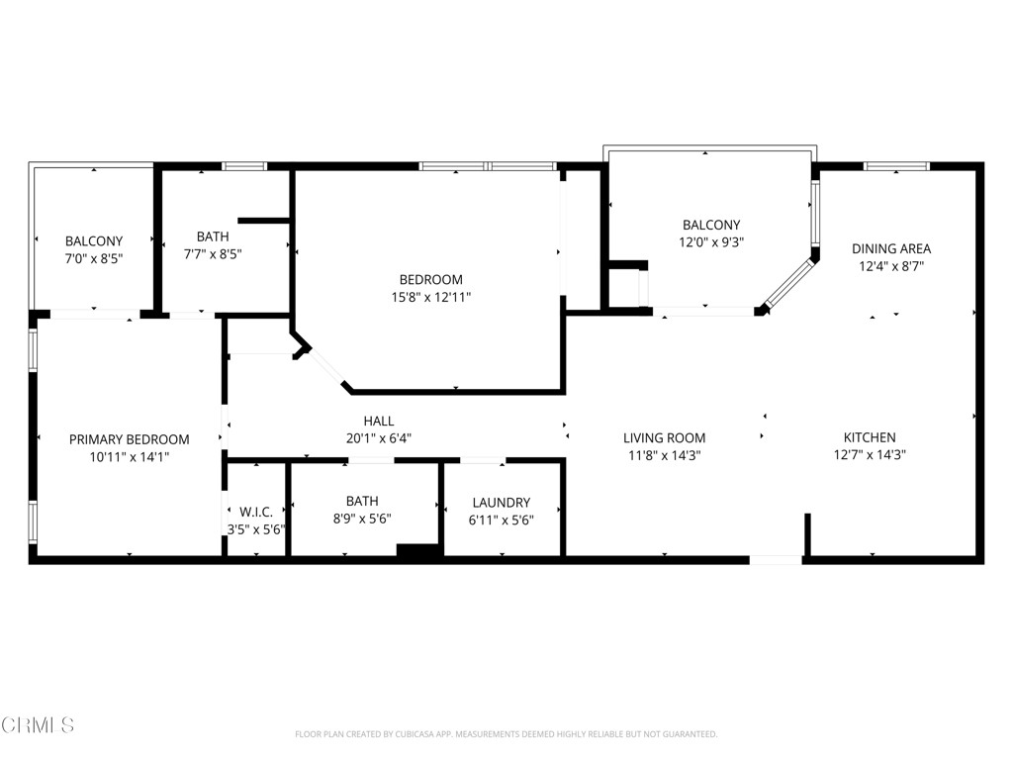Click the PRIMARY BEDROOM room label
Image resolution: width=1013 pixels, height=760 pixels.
pyautogui.click(x=129, y=439)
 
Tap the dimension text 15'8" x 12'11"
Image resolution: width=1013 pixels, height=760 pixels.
pyautogui.click(x=430, y=297)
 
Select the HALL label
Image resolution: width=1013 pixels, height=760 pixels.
pyautogui.click(x=378, y=422)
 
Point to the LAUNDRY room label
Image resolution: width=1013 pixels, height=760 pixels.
pyautogui.click(x=501, y=503)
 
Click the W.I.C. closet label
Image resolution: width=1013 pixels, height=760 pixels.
pyautogui.click(x=256, y=512)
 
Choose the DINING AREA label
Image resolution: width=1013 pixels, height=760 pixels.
pyautogui.click(x=891, y=248)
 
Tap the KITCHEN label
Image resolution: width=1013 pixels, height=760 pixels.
pyautogui.click(x=870, y=437)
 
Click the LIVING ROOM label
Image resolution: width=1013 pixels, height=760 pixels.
pyautogui.click(x=664, y=438)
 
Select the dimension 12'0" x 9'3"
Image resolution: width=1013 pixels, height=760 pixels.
pyautogui.click(x=710, y=241)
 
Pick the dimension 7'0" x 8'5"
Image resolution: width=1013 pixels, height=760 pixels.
pyautogui.click(x=94, y=258)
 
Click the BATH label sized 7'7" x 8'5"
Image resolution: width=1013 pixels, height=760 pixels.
pyautogui.click(x=213, y=237)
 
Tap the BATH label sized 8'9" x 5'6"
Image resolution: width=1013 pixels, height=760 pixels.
pyautogui.click(x=362, y=501)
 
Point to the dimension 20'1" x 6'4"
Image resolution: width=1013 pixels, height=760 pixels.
pyautogui.click(x=378, y=437)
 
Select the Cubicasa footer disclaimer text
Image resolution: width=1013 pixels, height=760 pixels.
pyautogui.click(x=506, y=734)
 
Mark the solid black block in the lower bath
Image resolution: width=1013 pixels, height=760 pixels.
pyautogui.click(x=419, y=553)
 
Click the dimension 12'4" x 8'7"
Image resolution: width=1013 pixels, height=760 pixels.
pyautogui.click(x=891, y=265)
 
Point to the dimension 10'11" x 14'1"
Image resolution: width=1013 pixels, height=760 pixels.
pyautogui.click(x=129, y=456)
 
